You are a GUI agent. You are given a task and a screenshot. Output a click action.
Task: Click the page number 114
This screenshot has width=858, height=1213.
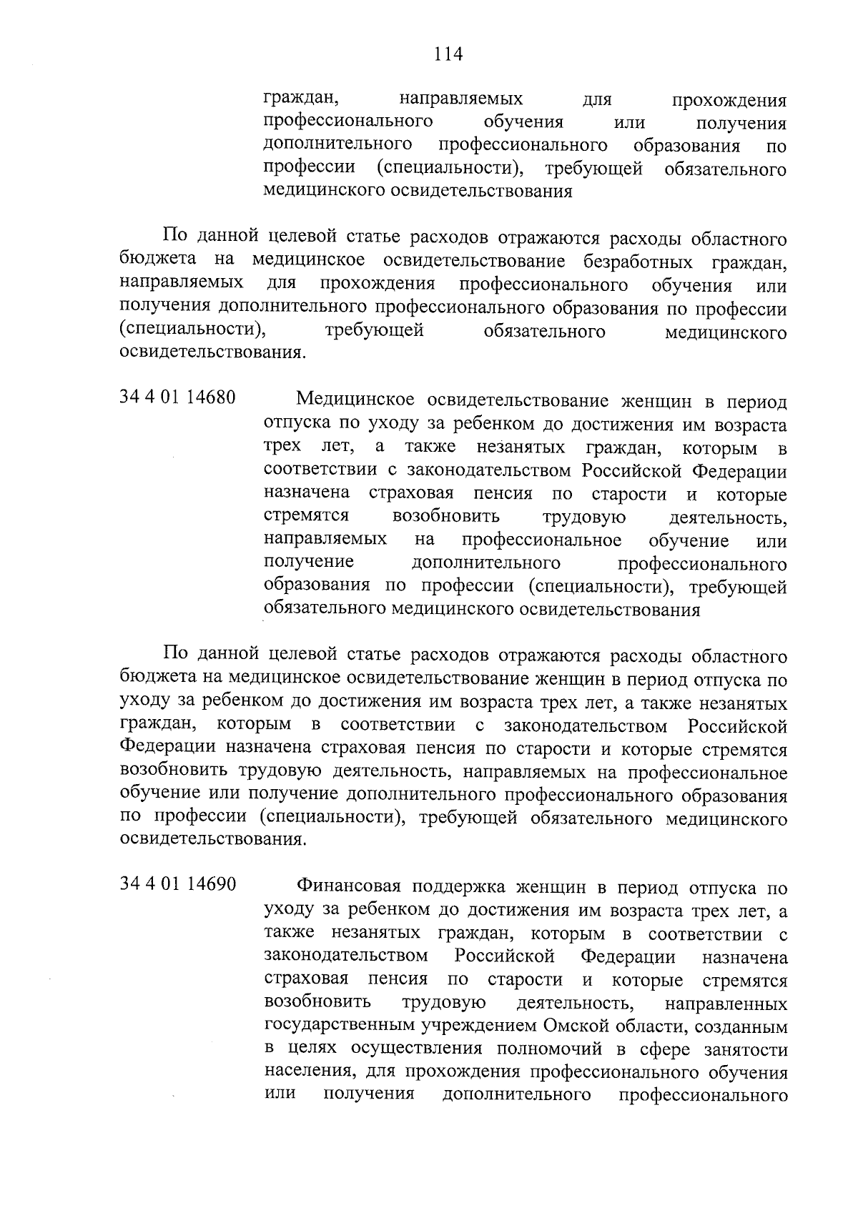point(448,54)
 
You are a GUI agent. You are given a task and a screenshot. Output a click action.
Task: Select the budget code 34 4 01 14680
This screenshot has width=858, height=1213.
point(177,397)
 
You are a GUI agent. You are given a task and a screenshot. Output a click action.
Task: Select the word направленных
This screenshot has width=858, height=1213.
point(725,1004)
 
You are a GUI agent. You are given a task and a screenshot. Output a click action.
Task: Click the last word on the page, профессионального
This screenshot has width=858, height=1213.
point(702,1096)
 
